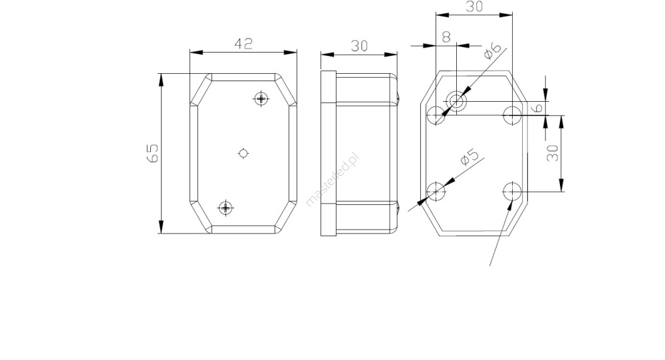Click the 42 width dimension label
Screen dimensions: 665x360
tap(243, 44)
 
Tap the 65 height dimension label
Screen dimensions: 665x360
tap(152, 153)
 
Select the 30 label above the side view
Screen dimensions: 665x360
tap(359, 46)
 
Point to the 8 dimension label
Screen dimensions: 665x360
tap(446, 37)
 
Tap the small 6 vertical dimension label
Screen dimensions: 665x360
tap(537, 107)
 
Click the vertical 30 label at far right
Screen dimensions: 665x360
tap(552, 153)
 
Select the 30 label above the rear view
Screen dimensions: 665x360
tap(474, 7)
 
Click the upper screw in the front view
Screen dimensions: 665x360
tap(261, 98)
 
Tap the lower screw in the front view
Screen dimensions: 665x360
tap(225, 208)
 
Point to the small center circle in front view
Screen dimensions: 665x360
tap(243, 153)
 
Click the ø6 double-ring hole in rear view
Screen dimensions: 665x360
tap(456, 101)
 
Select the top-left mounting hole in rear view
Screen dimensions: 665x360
tap(436, 115)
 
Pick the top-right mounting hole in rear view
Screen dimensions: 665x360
tap(512, 115)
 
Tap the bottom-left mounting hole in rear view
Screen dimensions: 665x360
tap(436, 191)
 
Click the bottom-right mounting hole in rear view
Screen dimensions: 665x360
tap(512, 191)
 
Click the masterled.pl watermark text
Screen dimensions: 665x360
tap(332, 180)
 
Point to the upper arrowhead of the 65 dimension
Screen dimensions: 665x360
tap(161, 79)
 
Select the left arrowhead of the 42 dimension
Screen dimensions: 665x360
tap(196, 52)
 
